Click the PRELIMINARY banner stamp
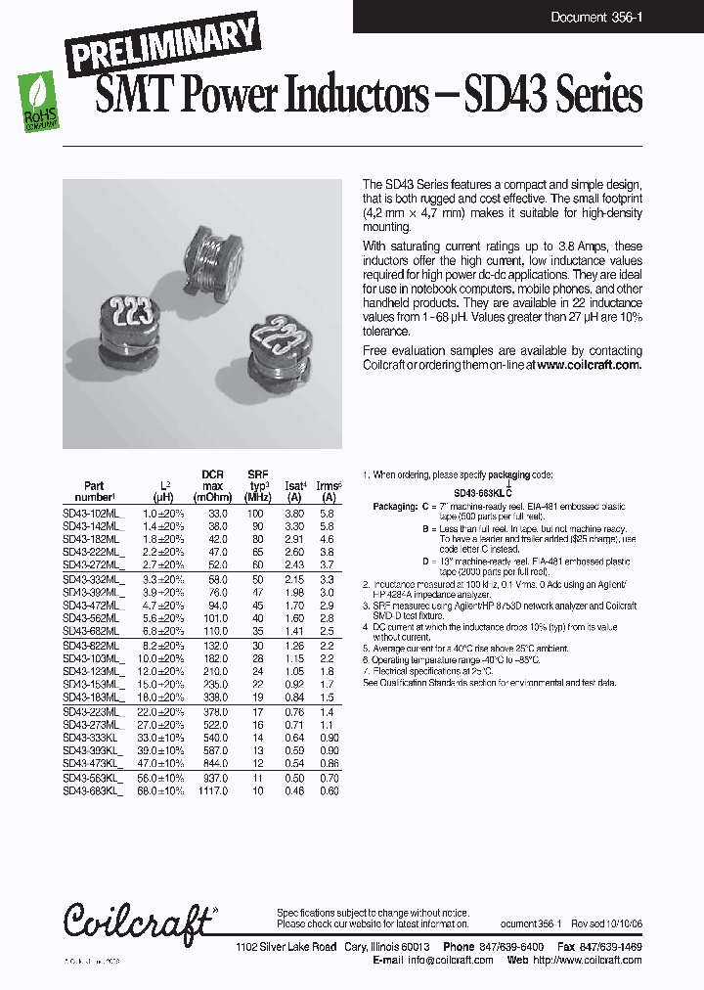(163, 45)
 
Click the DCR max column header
(212, 485)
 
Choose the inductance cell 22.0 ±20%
(163, 712)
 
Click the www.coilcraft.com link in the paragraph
(589, 364)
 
